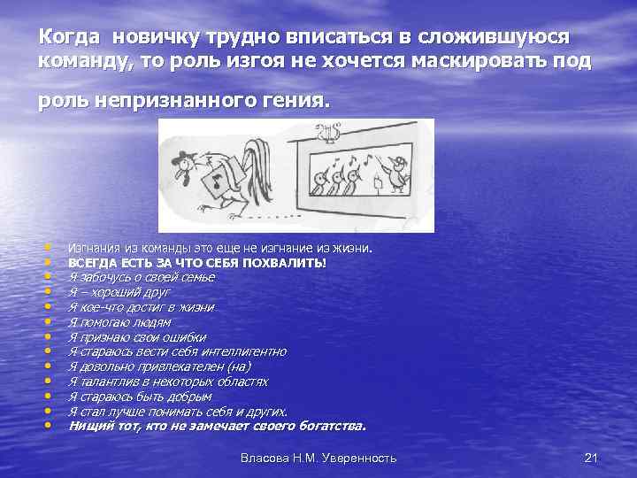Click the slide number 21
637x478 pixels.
(592, 458)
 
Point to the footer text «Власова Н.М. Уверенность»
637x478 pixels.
(318, 458)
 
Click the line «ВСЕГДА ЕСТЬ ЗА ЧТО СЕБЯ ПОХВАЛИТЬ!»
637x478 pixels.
(196, 263)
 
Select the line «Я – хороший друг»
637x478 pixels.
(119, 291)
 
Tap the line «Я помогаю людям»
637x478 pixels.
(119, 322)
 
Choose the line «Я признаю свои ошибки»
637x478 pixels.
(137, 337)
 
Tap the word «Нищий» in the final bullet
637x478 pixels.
(87, 427)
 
